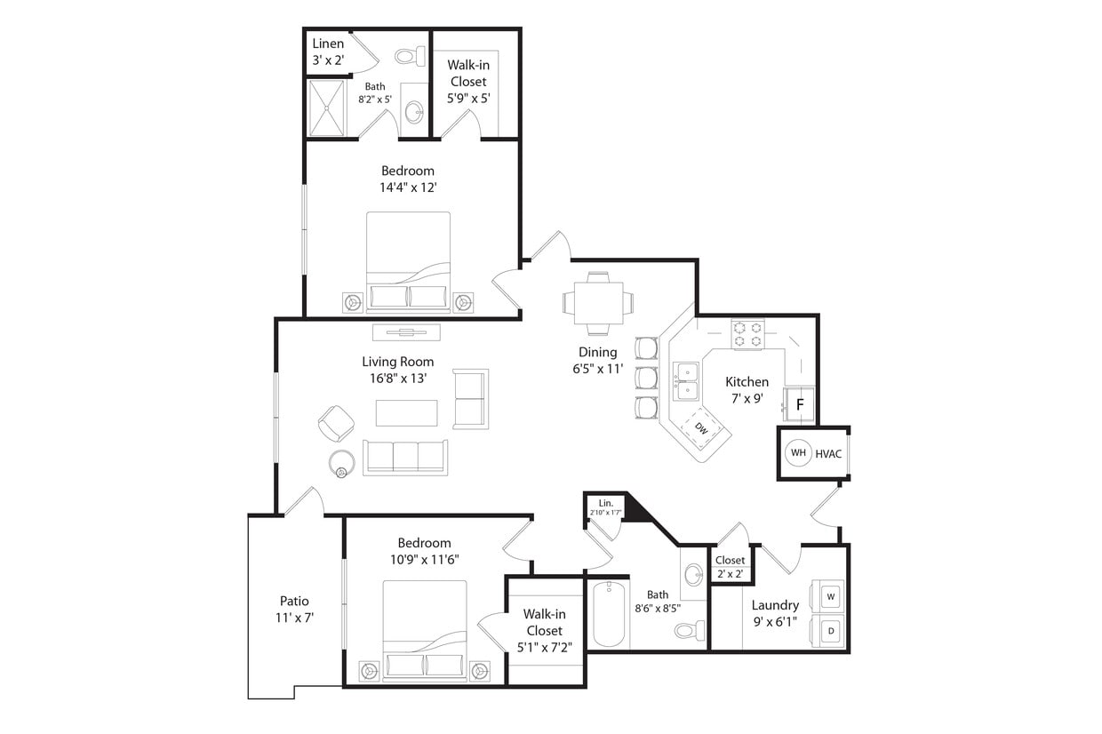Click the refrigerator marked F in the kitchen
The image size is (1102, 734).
(799, 405)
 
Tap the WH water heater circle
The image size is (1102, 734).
(798, 453)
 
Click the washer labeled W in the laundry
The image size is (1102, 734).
(831, 596)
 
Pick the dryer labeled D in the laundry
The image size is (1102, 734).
(831, 630)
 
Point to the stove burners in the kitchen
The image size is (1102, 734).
(747, 334)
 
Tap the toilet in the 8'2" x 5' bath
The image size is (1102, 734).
(410, 57)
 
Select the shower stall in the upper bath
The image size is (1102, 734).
(326, 108)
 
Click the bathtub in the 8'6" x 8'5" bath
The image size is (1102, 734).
(609, 614)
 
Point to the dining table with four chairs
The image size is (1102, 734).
(597, 303)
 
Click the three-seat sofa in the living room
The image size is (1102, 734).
(405, 457)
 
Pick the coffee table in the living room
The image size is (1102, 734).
(406, 413)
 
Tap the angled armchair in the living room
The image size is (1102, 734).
(336, 423)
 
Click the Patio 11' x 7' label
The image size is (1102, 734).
(295, 609)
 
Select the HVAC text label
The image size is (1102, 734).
(828, 453)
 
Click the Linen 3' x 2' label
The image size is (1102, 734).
(328, 52)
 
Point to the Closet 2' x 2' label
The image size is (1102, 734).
(731, 567)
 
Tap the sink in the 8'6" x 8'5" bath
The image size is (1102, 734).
(693, 575)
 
